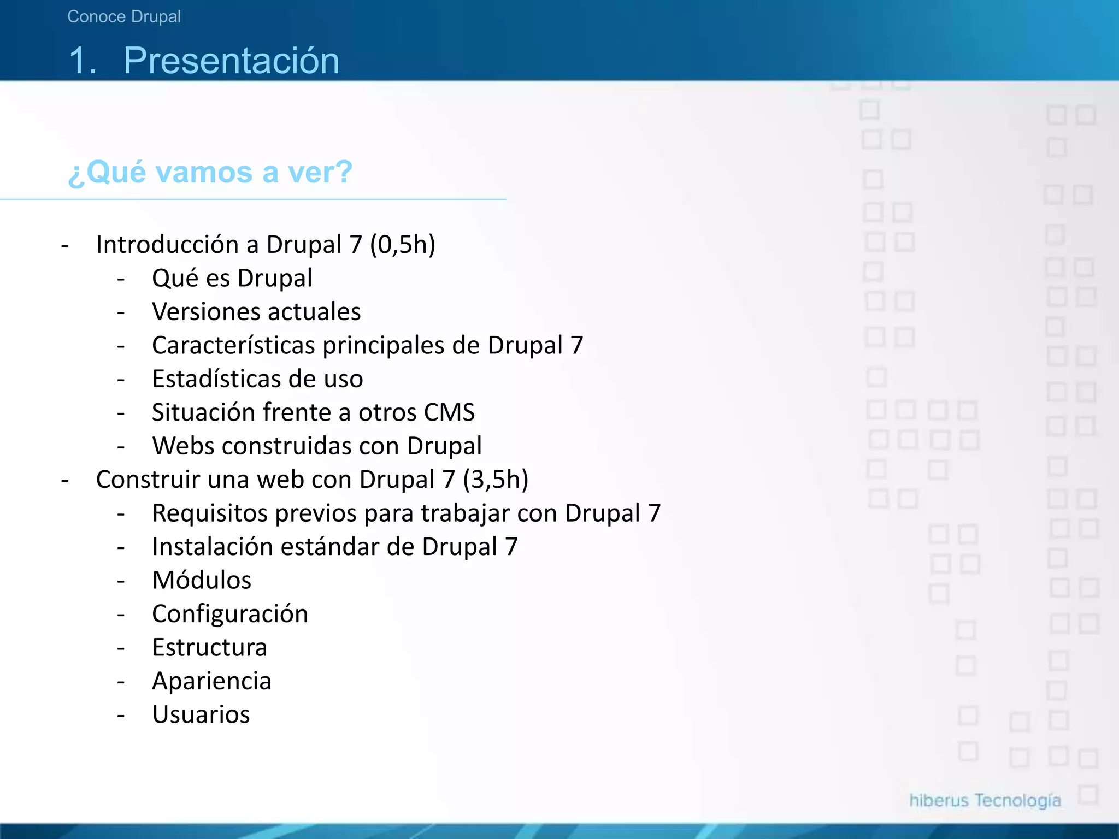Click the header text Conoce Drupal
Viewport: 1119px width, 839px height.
point(124,17)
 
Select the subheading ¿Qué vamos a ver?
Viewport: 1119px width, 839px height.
point(210,172)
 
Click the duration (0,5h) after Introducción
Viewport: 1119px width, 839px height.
point(403,244)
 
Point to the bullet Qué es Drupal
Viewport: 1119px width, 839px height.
point(232,278)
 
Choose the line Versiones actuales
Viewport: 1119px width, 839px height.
point(256,312)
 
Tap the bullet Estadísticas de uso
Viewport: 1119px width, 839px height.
point(257,379)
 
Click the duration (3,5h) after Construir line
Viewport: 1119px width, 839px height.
point(496,480)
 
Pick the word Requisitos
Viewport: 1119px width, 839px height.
point(210,513)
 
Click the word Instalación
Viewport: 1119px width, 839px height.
point(212,547)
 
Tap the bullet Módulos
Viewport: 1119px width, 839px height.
point(202,580)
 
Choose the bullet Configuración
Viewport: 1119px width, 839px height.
point(230,614)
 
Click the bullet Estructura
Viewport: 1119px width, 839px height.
point(209,647)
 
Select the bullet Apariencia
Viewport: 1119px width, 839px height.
point(211,681)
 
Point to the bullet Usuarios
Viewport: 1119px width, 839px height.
point(201,714)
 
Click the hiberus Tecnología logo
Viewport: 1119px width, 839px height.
point(985,800)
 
